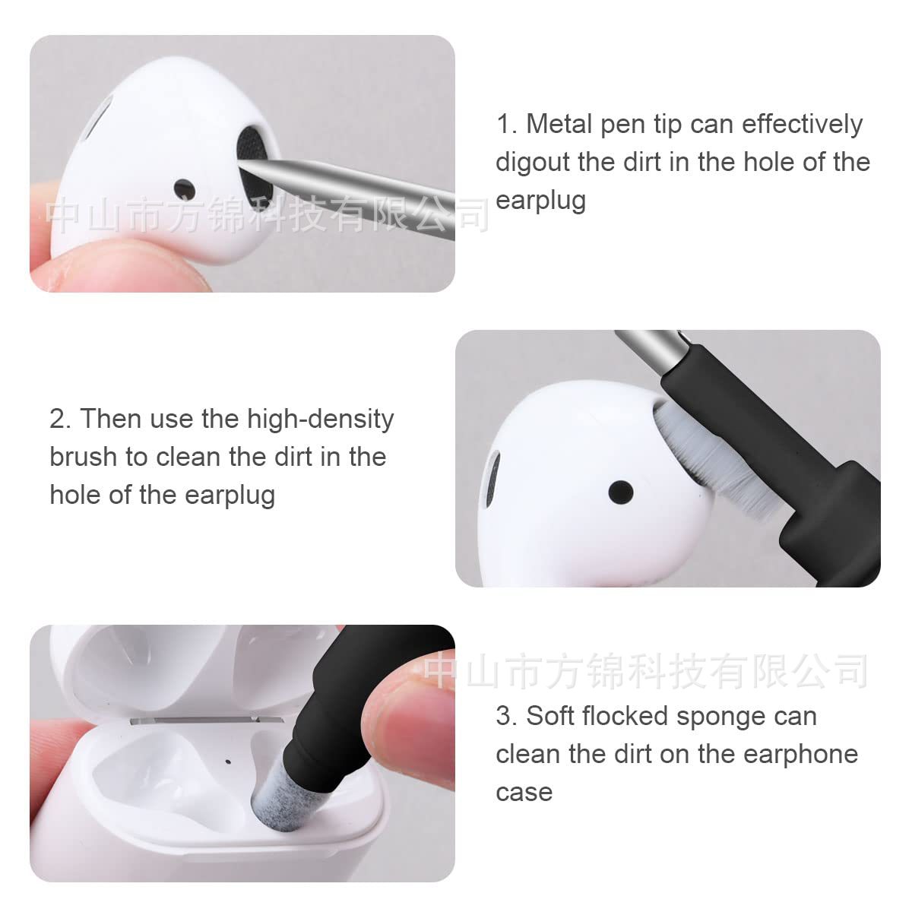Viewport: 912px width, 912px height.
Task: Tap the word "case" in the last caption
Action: point(524,792)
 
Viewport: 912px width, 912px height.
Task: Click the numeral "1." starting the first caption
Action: point(506,124)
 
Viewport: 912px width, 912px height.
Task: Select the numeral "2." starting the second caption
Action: point(61,419)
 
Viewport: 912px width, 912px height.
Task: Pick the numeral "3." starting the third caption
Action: point(506,716)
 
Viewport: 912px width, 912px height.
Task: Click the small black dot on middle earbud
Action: point(621,492)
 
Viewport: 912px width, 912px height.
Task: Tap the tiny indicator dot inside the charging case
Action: point(229,759)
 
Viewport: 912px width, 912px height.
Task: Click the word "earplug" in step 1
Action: point(540,200)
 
